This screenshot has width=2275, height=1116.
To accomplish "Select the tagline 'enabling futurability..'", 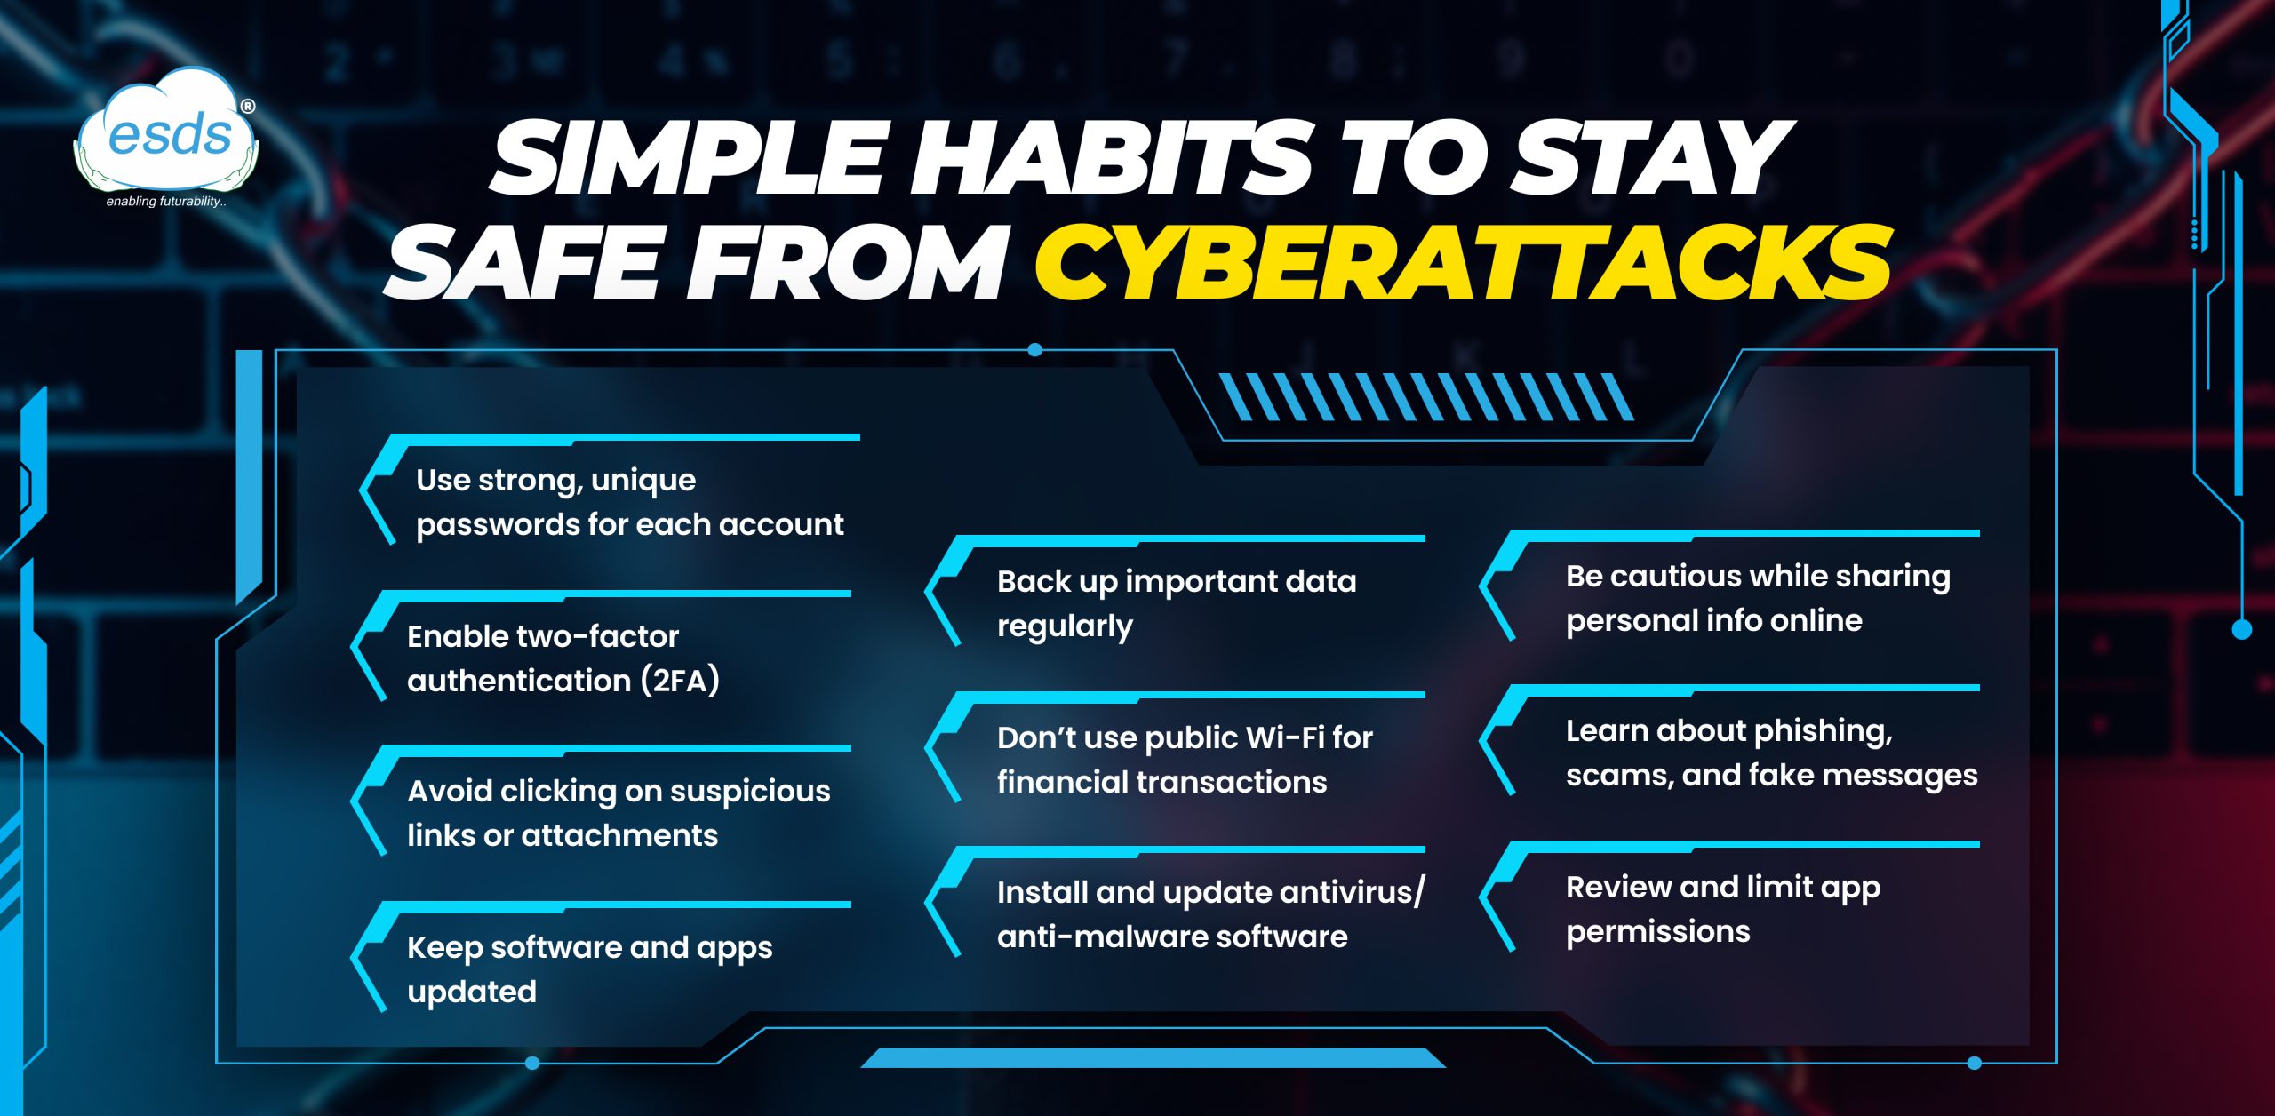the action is tap(166, 202).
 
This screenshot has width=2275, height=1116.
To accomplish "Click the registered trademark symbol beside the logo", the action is tap(248, 107).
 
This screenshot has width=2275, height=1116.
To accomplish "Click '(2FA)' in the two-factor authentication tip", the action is tap(680, 681).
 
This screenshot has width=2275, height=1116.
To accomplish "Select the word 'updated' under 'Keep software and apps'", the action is tap(472, 992).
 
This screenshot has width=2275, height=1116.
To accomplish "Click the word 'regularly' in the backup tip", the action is tap(1065, 626).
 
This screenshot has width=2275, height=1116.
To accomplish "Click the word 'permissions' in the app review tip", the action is tap(1658, 932).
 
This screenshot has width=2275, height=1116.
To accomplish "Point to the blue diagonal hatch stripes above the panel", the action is tap(1425, 396).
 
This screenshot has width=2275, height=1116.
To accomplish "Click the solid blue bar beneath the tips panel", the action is tap(1153, 1057).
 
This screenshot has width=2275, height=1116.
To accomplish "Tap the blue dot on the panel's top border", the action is tap(1034, 350).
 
